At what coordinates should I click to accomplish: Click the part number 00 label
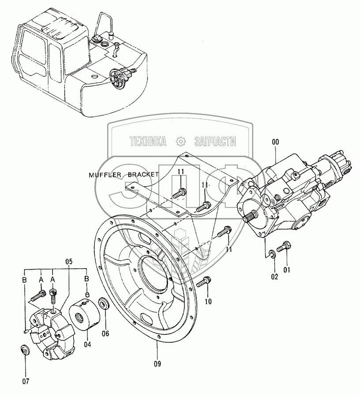pyautogui.click(x=275, y=142)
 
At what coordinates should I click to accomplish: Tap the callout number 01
pyautogui.click(x=286, y=270)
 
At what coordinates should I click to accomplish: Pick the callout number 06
pyautogui.click(x=105, y=333)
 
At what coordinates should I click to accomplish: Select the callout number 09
pyautogui.click(x=157, y=363)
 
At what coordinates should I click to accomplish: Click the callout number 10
pyautogui.click(x=208, y=302)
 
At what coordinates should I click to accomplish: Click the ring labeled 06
pyautogui.click(x=105, y=304)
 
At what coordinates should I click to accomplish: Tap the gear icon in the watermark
pyautogui.click(x=180, y=141)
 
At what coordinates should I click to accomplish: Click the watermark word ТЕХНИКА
pyautogui.click(x=149, y=141)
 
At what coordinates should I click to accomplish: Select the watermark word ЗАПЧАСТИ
pyautogui.click(x=215, y=141)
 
